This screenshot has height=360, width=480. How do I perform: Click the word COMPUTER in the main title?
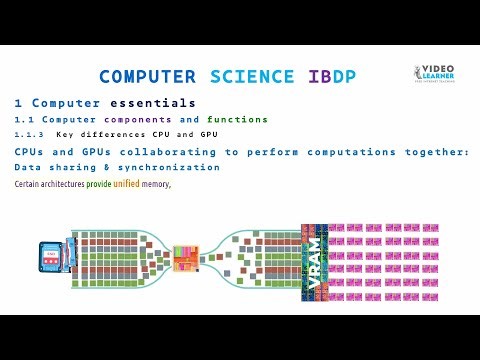pyautogui.click(x=151, y=77)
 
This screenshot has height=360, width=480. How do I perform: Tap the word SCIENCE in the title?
pyautogui.click(x=252, y=77)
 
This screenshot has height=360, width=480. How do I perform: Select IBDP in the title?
pyautogui.click(x=326, y=77)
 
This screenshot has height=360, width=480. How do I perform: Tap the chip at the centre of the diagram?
pyautogui.click(x=185, y=258)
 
